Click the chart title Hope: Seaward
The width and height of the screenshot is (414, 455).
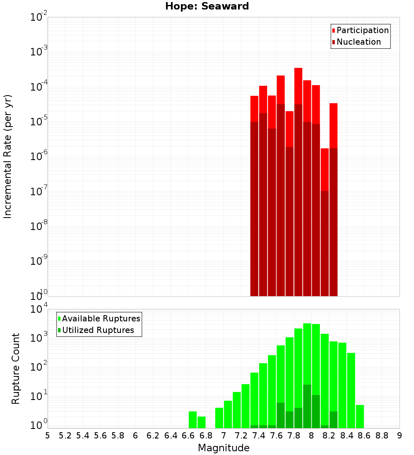click(x=207, y=7)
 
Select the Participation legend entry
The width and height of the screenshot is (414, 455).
click(x=362, y=30)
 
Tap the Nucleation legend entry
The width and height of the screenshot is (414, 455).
click(x=358, y=42)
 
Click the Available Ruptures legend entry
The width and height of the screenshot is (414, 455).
click(x=101, y=318)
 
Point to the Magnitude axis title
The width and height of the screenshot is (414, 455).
click(x=224, y=448)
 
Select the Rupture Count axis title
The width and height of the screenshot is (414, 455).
click(x=16, y=369)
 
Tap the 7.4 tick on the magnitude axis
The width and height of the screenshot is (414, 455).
click(x=259, y=435)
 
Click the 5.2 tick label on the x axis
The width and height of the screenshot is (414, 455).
click(x=65, y=435)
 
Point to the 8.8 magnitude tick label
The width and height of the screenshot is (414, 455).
click(x=382, y=435)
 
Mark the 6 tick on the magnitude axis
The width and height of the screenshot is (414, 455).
click(x=135, y=435)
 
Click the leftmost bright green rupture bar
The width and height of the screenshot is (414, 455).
click(x=193, y=419)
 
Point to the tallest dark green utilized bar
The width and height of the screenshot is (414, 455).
click(x=307, y=405)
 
